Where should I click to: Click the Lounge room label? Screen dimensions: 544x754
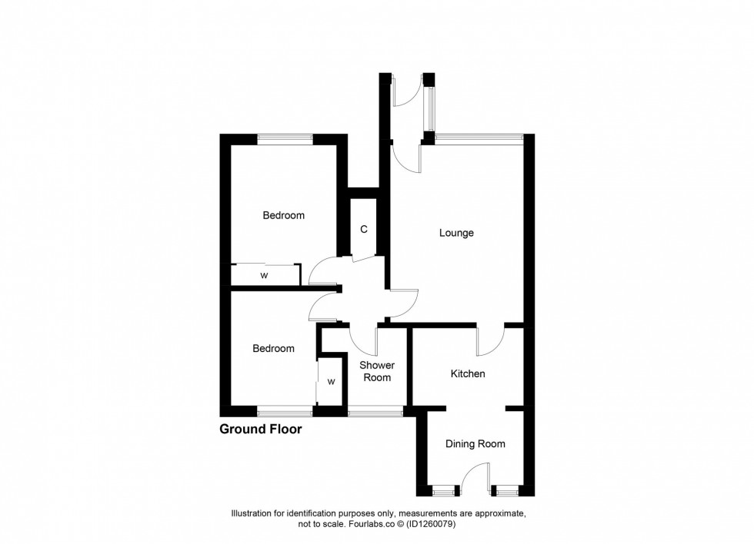456,233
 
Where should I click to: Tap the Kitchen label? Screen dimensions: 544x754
468,374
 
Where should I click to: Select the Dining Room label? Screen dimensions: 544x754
475,443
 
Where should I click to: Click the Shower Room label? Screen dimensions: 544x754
377,371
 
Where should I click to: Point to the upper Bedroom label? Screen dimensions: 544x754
283,216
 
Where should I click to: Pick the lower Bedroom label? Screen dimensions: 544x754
273,349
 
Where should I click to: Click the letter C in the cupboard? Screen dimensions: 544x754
363,230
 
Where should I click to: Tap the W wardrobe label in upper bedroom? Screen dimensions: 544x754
264,275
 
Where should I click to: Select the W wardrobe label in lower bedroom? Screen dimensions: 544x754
332,381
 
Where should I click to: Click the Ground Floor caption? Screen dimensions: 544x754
261,430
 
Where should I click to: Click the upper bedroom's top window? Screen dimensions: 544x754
285,139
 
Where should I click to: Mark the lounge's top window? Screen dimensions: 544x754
479,139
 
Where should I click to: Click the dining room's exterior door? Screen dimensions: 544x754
475,476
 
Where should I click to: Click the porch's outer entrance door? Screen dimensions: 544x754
405,92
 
